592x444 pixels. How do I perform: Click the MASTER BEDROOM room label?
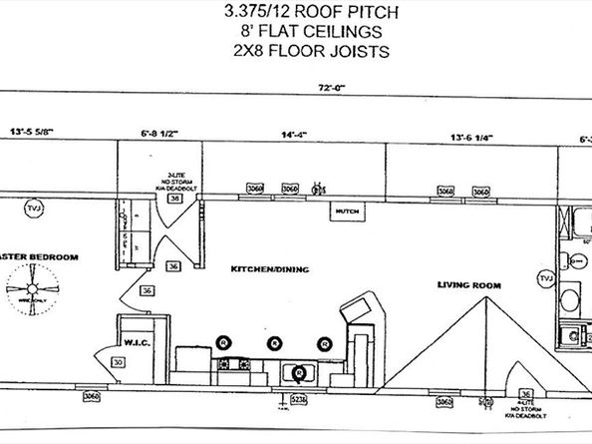(40, 257)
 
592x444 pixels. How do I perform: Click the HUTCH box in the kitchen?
(347, 212)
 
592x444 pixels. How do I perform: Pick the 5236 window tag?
(297, 400)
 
